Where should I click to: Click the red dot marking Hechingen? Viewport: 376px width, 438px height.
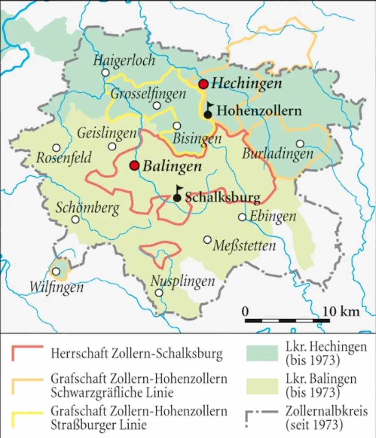pyautogui.click(x=203, y=84)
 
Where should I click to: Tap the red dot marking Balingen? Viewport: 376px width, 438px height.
pyautogui.click(x=135, y=165)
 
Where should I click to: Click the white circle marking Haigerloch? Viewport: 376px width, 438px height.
pyautogui.click(x=105, y=73)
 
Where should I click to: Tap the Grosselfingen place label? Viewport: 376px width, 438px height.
pyautogui.click(x=148, y=94)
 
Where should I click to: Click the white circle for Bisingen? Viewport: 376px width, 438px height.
pyautogui.click(x=177, y=126)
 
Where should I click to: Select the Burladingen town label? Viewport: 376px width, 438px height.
pyautogui.click(x=278, y=154)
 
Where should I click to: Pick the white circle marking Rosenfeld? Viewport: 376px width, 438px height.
pyautogui.click(x=56, y=148)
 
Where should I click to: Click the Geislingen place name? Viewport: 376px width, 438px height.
pyautogui.click(x=107, y=133)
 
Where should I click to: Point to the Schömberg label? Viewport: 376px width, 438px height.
pyautogui.click(x=87, y=208)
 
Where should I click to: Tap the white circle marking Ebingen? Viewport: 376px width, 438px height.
pyautogui.click(x=242, y=217)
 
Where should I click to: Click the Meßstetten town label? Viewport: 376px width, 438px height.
pyautogui.click(x=244, y=246)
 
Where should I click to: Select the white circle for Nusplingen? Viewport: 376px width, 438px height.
pyautogui.click(x=159, y=292)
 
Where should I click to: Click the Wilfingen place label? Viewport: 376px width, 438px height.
pyautogui.click(x=57, y=287)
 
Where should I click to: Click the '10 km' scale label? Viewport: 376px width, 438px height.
pyautogui.click(x=340, y=311)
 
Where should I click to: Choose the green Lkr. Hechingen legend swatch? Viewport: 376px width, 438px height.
pyautogui.click(x=262, y=353)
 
